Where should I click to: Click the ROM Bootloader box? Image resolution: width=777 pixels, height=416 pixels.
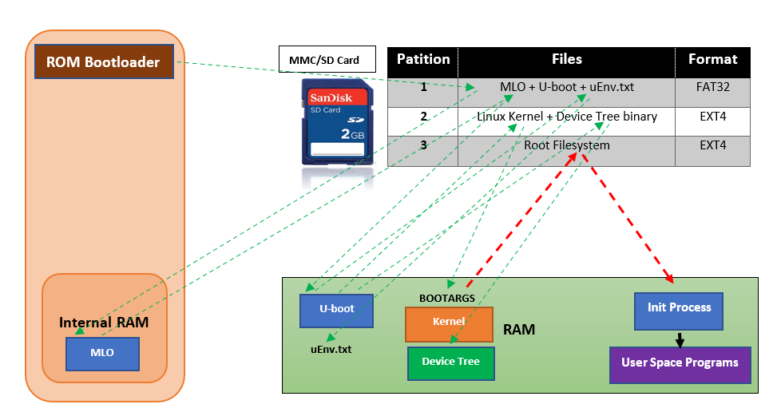(104, 61)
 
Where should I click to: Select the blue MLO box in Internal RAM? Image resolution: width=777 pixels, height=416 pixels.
(101, 353)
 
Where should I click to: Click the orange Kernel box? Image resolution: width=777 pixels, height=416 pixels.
(448, 324)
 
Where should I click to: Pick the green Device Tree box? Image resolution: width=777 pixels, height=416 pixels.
(450, 363)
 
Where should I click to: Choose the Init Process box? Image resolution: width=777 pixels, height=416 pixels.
(679, 311)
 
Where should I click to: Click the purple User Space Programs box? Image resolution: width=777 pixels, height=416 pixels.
(680, 363)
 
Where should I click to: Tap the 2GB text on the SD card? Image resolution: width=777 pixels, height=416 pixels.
(351, 133)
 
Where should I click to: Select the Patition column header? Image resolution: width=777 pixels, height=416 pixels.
(422, 60)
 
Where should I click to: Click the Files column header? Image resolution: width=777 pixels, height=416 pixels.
(566, 60)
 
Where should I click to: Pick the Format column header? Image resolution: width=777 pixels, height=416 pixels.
(712, 60)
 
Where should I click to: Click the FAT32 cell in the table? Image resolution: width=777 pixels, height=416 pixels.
(712, 86)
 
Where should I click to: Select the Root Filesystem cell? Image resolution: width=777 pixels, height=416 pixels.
(566, 146)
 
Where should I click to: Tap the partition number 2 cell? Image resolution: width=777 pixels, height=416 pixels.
(423, 117)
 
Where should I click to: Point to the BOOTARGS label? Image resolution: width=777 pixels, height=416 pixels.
(447, 299)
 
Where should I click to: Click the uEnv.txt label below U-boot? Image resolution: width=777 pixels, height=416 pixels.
(331, 349)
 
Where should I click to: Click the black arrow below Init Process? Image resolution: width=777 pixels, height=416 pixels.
(680, 339)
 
